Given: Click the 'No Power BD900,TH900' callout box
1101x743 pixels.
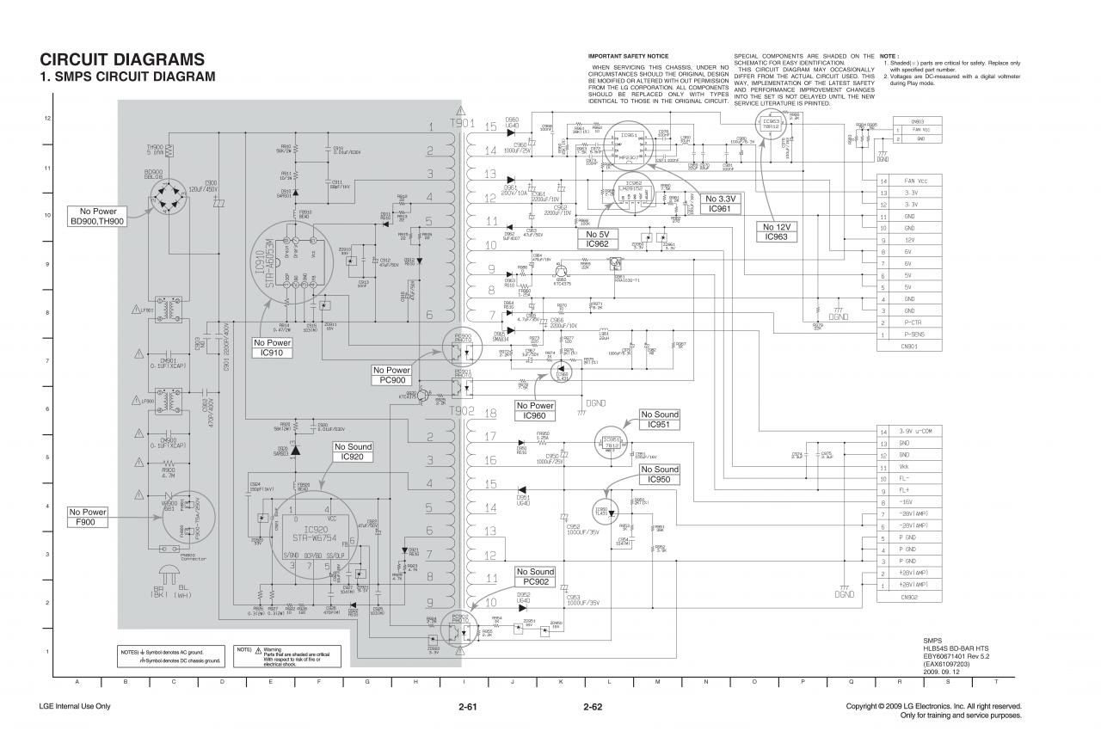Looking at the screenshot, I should tap(98, 217).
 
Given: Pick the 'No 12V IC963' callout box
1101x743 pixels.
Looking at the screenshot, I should tap(776, 231).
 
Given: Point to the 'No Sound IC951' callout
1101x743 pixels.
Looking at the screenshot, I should tap(660, 420).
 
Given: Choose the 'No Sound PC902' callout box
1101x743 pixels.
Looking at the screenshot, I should tap(535, 577).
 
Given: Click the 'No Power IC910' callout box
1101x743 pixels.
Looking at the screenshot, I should tap(273, 348).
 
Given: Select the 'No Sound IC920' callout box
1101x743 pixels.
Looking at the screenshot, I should tap(354, 451).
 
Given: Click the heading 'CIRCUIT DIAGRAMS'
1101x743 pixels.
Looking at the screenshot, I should tap(122, 60).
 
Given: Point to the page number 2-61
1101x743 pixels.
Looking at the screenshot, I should tap(468, 708).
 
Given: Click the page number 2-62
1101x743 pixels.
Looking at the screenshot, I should tap(592, 708).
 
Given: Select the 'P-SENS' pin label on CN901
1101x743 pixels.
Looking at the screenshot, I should tap(914, 334).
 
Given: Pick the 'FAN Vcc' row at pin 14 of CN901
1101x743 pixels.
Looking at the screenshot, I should tap(914, 181).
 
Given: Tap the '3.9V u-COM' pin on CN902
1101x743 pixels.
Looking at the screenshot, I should tap(916, 431).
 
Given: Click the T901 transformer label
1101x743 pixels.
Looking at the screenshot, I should tap(462, 123).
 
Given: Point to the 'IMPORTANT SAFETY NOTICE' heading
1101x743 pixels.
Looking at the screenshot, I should tap(628, 56).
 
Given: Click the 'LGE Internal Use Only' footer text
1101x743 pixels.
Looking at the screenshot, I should tap(75, 707).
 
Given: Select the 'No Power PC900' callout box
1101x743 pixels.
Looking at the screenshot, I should tap(391, 375).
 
